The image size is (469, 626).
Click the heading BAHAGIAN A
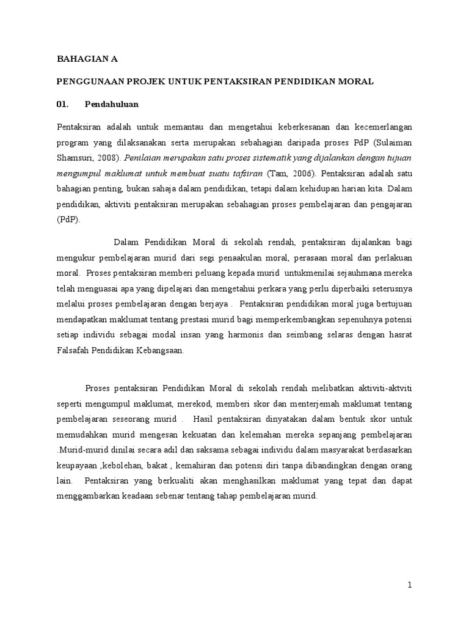86,59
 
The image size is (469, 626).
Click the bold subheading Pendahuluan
112,104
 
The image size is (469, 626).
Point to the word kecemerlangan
379,127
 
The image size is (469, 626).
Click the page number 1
410,585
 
